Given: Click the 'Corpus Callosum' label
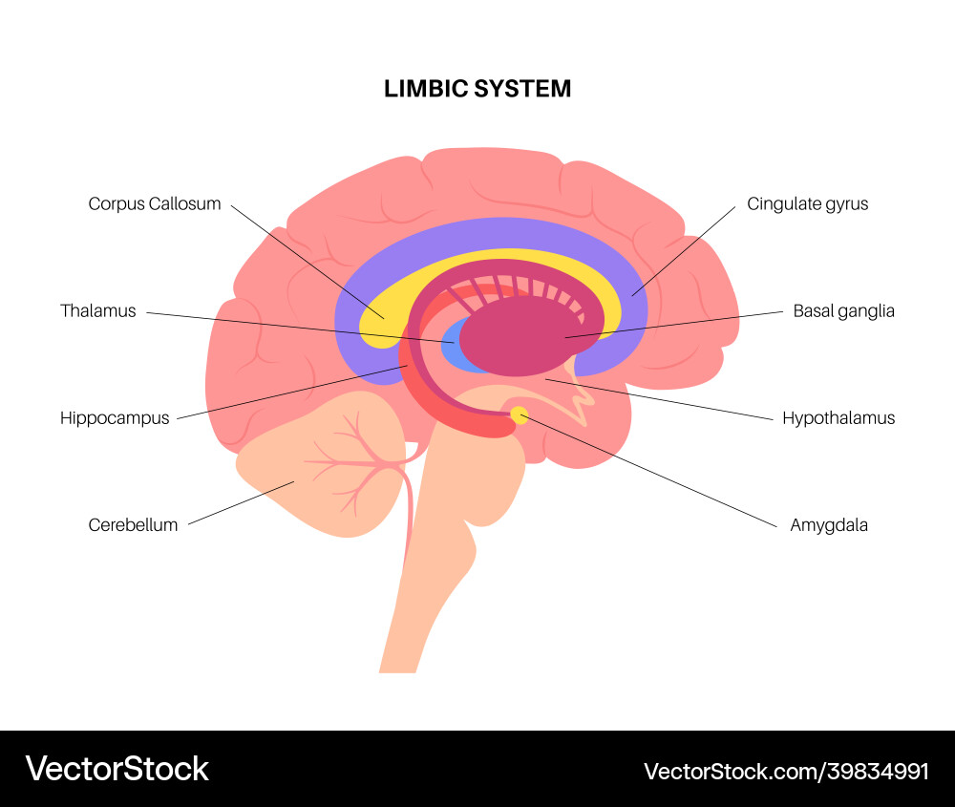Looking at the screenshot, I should pos(155,203).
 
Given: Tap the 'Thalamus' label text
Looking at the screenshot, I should pos(98,310).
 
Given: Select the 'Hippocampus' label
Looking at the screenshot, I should pos(115,417).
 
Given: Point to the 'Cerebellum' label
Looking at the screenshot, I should pos(133,524).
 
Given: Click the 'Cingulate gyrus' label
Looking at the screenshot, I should pos(808,203).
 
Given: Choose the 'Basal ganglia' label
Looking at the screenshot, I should pos(844,310).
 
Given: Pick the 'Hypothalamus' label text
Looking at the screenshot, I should pos(838,417).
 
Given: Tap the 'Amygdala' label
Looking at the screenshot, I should pos(829,524).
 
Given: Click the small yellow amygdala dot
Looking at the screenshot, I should pos(520,414).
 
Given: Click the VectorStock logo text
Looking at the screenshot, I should pos(117,769).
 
